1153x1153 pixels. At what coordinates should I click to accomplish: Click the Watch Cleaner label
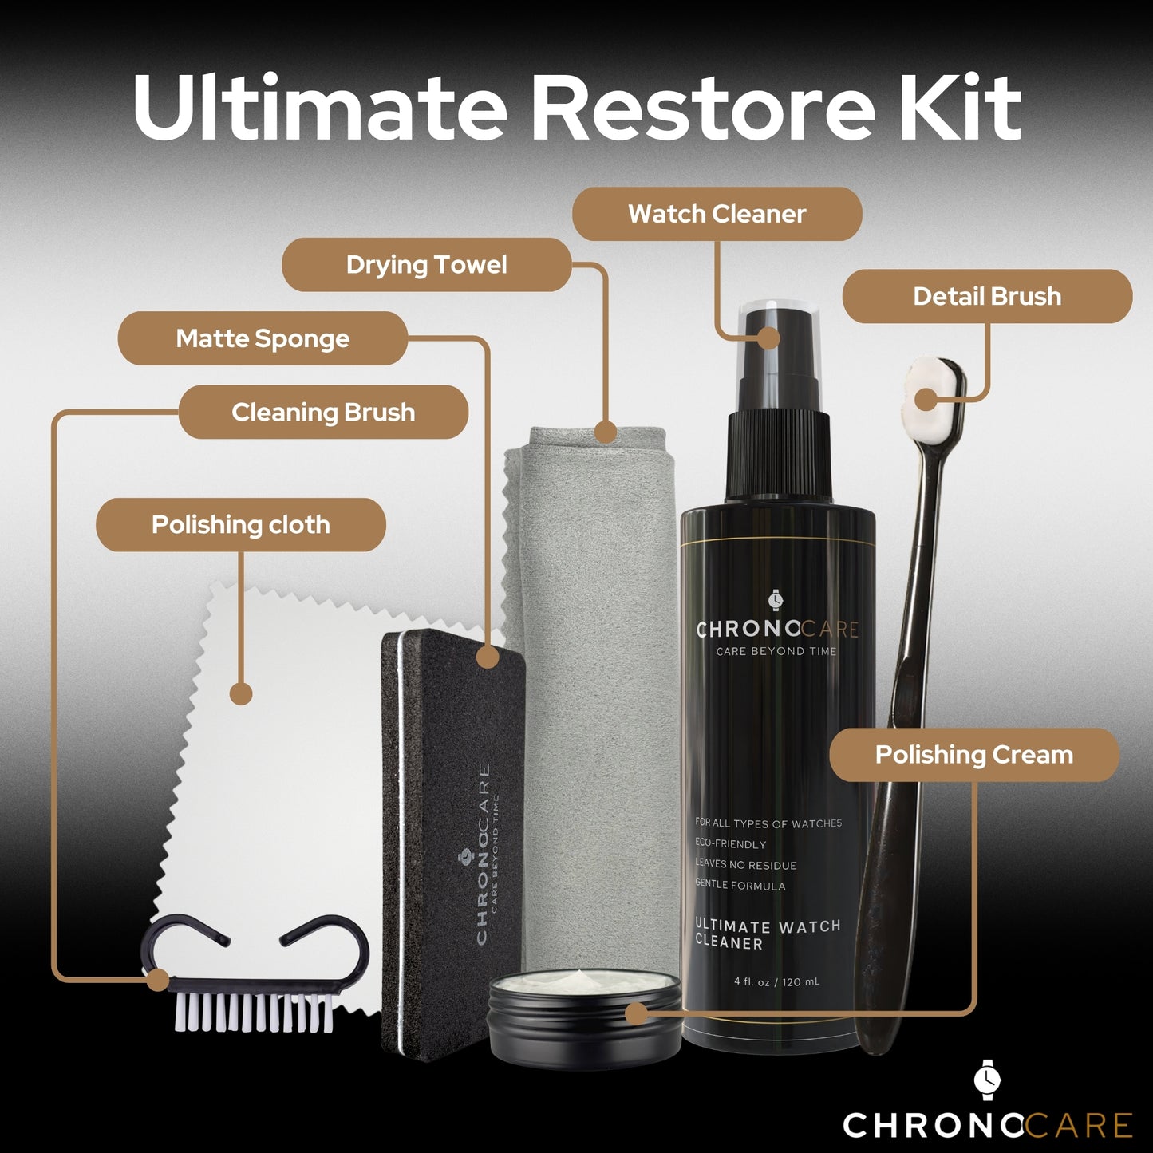(x=717, y=214)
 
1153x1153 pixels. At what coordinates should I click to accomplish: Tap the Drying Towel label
(x=426, y=265)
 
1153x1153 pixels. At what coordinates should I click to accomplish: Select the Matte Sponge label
(x=263, y=338)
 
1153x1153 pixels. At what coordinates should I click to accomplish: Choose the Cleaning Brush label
(x=323, y=413)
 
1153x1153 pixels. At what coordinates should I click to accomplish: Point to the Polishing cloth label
(x=240, y=525)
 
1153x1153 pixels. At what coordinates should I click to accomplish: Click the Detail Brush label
(x=987, y=297)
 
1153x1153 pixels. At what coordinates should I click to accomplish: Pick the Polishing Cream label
(x=973, y=755)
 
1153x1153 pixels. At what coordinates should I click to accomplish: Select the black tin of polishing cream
(x=585, y=1029)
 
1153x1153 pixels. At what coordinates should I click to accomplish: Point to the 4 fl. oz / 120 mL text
(x=776, y=981)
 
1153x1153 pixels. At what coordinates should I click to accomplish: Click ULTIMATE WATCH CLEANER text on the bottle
(x=767, y=934)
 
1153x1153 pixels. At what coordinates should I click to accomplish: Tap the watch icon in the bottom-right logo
(x=987, y=1079)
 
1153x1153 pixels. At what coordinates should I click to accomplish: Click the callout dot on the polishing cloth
(x=241, y=693)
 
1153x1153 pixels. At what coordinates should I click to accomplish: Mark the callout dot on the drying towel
(x=606, y=432)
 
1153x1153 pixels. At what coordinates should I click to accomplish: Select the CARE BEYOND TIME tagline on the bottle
(x=776, y=651)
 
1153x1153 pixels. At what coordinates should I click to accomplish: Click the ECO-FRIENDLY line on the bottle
(x=730, y=844)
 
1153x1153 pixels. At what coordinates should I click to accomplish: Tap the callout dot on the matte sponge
(x=487, y=657)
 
